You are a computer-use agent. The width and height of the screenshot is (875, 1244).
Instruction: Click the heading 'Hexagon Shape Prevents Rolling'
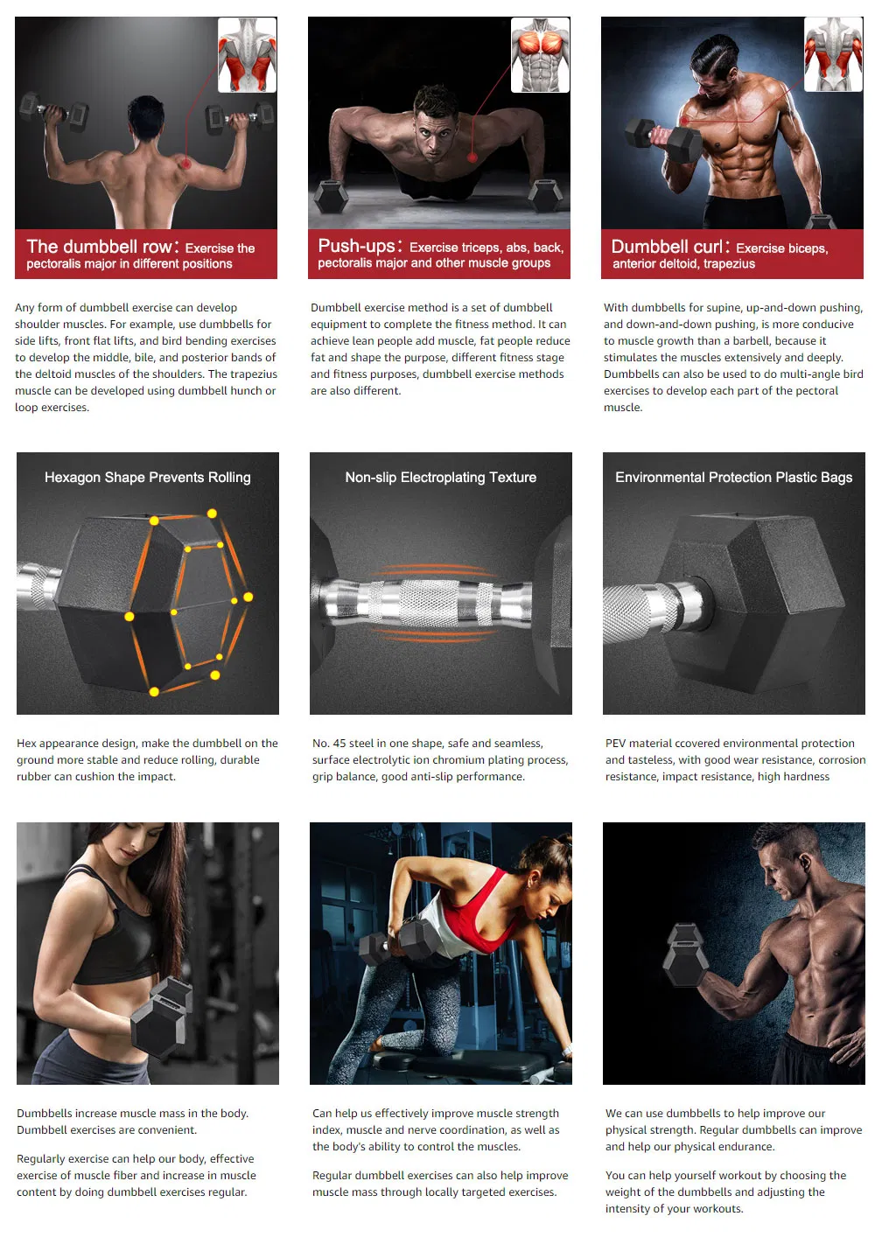pyautogui.click(x=147, y=477)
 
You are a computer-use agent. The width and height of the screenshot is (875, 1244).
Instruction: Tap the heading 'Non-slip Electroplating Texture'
pyautogui.click(x=440, y=477)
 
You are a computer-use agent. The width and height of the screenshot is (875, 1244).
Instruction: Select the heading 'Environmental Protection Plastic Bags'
pyautogui.click(x=733, y=477)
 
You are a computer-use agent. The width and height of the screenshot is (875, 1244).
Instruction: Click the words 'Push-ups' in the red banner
pyautogui.click(x=356, y=246)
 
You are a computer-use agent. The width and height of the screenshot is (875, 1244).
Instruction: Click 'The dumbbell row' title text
pyautogui.click(x=100, y=246)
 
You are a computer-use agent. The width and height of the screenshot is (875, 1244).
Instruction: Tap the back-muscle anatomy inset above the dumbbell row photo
pyautogui.click(x=248, y=54)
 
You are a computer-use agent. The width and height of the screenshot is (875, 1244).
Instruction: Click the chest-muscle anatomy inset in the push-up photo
pyautogui.click(x=540, y=54)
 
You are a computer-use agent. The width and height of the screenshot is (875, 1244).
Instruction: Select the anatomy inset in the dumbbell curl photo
pyautogui.click(x=833, y=54)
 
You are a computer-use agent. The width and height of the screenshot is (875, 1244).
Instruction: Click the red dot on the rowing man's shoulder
pyautogui.click(x=186, y=164)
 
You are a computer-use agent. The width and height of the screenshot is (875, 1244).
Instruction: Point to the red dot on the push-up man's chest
pyautogui.click(x=472, y=157)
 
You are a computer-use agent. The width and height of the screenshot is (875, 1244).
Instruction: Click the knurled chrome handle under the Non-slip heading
pyautogui.click(x=427, y=605)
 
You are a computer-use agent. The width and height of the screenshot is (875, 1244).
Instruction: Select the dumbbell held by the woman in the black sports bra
pyautogui.click(x=162, y=1017)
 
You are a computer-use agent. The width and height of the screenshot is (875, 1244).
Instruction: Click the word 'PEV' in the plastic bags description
pyautogui.click(x=615, y=743)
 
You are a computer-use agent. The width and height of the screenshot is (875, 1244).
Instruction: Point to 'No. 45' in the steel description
pyautogui.click(x=330, y=743)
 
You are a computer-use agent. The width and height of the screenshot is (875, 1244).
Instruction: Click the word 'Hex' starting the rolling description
pyautogui.click(x=26, y=743)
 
